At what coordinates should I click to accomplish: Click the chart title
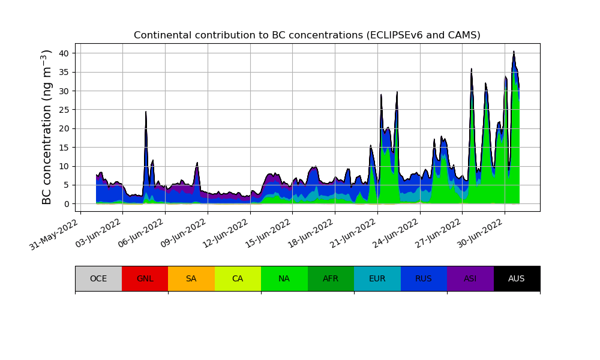coord(307,35)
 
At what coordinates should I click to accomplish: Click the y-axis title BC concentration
coord(47,127)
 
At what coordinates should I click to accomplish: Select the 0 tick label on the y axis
coord(67,204)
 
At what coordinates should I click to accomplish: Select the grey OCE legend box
coord(98,278)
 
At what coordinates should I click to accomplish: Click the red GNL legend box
coord(145,278)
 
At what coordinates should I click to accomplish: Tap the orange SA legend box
coord(191,278)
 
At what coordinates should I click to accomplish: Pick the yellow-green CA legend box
coord(238,278)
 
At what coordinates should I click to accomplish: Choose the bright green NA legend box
coord(284,278)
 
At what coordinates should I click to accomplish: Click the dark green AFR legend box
coord(331,278)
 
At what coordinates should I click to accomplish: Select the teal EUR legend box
coord(377,278)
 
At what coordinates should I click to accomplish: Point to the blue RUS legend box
coord(424,278)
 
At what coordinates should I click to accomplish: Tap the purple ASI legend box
coord(470,278)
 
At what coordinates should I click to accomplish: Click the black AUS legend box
coord(517,278)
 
